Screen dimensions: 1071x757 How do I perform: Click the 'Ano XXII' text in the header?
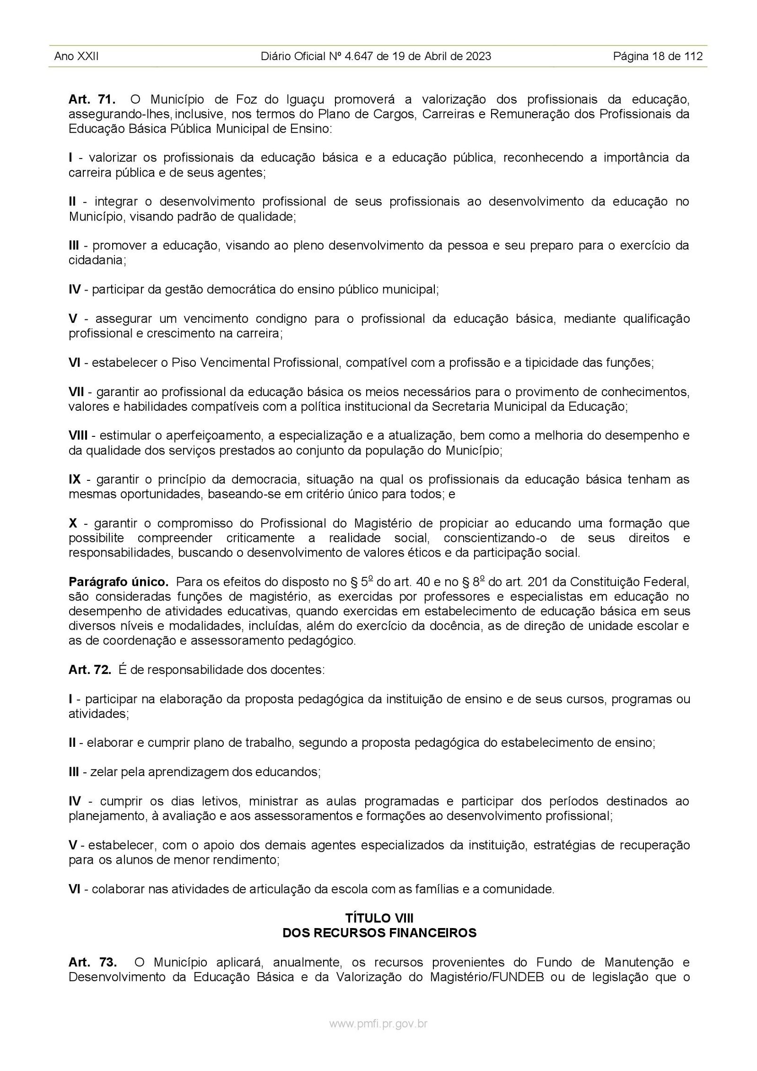coord(76,57)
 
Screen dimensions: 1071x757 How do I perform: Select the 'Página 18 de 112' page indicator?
coord(657,57)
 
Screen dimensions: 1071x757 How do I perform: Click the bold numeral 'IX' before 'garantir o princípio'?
coord(75,479)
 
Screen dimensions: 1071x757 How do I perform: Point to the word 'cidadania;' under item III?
coord(97,261)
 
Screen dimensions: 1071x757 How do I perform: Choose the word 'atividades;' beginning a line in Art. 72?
coord(98,714)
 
